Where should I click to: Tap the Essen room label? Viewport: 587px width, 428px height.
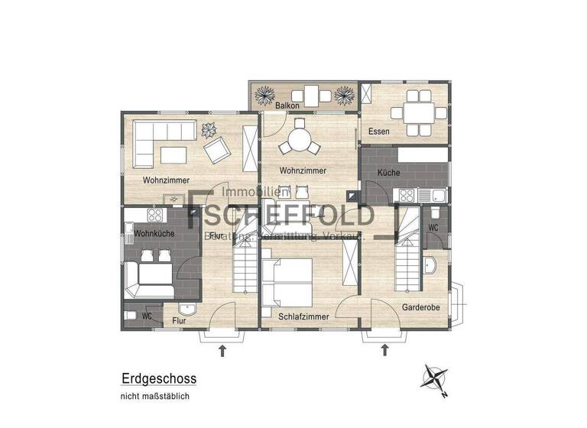[378, 131]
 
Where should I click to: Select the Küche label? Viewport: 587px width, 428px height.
[389, 173]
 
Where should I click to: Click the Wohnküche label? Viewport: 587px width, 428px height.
[154, 232]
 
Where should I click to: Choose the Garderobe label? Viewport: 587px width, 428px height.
[420, 306]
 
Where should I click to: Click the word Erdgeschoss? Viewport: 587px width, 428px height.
[159, 378]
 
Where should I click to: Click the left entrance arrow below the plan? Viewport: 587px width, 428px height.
[222, 351]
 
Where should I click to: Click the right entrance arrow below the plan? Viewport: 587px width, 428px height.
[384, 351]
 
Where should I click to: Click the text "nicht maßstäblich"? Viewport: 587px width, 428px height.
[154, 397]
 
